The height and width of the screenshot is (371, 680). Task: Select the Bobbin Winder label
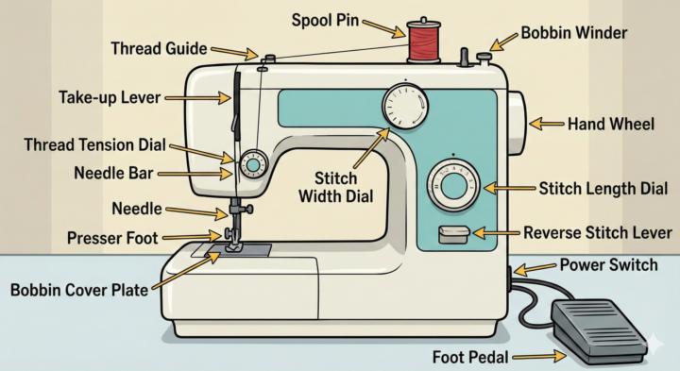coord(575,33)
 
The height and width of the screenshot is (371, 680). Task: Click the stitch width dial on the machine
coord(404,104)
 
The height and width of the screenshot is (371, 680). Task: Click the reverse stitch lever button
coord(452,234)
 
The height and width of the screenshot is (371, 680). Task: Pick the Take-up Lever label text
coord(109,96)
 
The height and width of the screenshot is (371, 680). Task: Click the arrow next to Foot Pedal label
coord(539,357)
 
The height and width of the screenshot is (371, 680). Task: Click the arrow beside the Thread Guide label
coord(236,51)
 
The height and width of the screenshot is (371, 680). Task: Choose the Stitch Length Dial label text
coord(603,189)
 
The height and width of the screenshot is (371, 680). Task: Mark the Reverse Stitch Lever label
coord(597,232)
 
